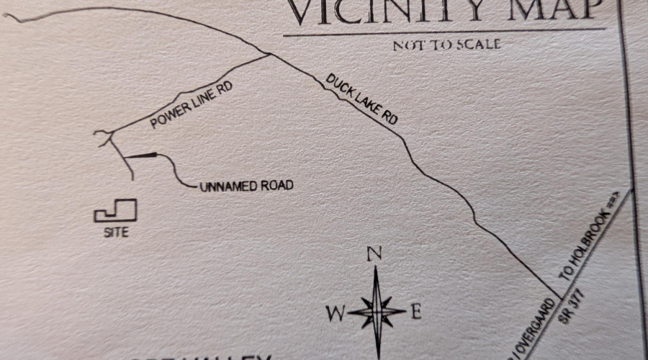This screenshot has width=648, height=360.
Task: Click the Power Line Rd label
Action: click(x=193, y=105)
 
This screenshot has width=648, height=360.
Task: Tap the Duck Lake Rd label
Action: click(x=361, y=99)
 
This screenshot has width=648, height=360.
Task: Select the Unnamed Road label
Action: click(x=246, y=186)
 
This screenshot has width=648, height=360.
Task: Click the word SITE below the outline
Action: click(x=116, y=232)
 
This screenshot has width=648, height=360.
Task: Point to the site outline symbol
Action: click(x=116, y=211)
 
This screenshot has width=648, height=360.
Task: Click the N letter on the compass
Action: click(x=374, y=253)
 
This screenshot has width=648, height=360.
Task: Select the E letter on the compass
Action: click(x=415, y=312)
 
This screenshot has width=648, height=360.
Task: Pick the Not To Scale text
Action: click(x=446, y=45)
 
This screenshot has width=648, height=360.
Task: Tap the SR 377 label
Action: click(x=574, y=308)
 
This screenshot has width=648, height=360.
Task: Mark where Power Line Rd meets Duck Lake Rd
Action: click(x=269, y=54)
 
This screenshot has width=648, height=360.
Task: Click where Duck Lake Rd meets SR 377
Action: click(x=559, y=295)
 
